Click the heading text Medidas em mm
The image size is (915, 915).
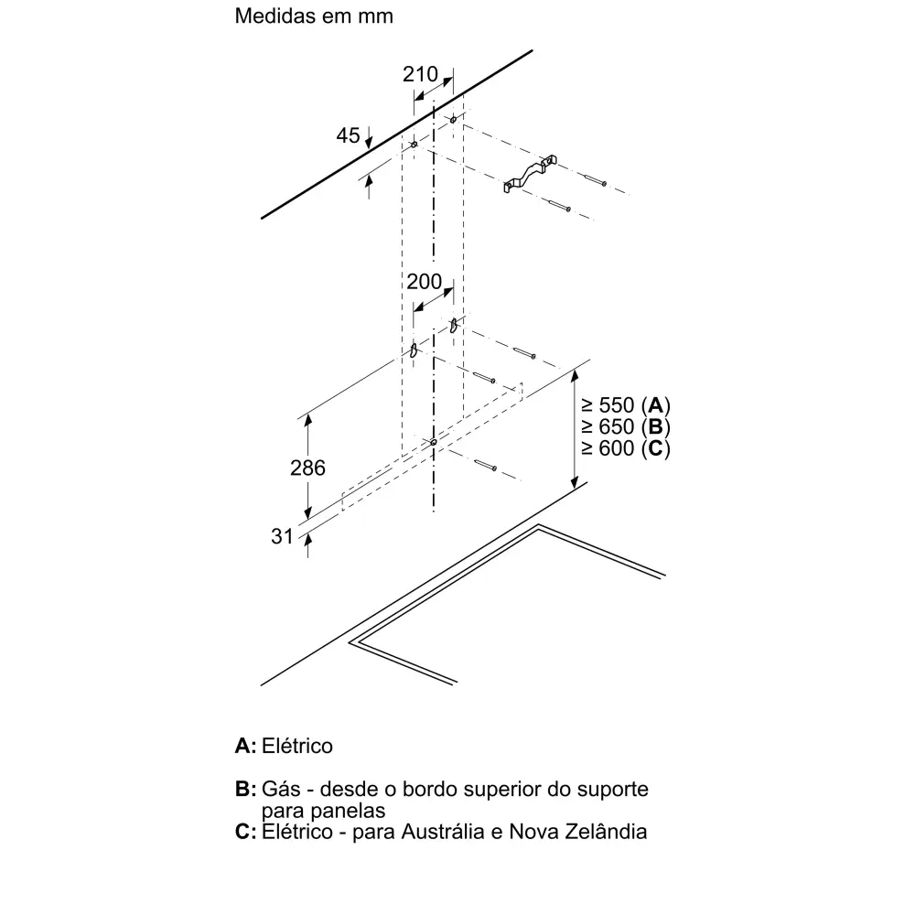click(x=314, y=16)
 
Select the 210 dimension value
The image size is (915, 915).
click(x=420, y=74)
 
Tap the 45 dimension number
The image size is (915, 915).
click(x=348, y=135)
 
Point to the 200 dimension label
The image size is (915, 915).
click(x=425, y=282)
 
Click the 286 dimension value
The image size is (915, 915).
click(x=307, y=468)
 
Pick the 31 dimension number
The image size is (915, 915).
click(x=283, y=536)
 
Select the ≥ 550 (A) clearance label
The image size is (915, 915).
click(x=626, y=405)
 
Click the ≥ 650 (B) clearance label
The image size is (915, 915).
click(x=626, y=427)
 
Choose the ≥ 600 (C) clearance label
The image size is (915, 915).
click(x=626, y=448)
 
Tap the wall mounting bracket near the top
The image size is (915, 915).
click(x=530, y=173)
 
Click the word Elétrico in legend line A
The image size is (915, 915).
click(x=297, y=746)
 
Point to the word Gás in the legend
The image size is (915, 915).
click(x=279, y=789)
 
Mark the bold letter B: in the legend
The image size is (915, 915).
click(x=245, y=789)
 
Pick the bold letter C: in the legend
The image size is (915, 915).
click(x=245, y=832)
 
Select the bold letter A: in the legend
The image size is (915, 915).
click(x=245, y=746)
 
